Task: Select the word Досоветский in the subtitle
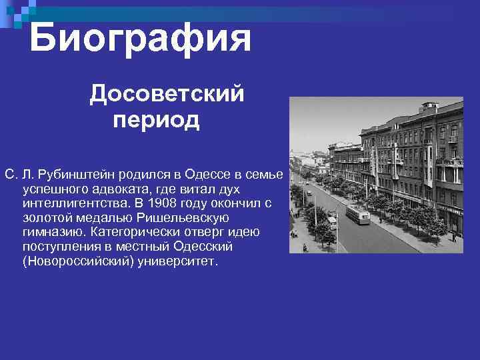click(167, 94)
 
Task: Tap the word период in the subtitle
click(156, 121)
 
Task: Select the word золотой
click(43, 218)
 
